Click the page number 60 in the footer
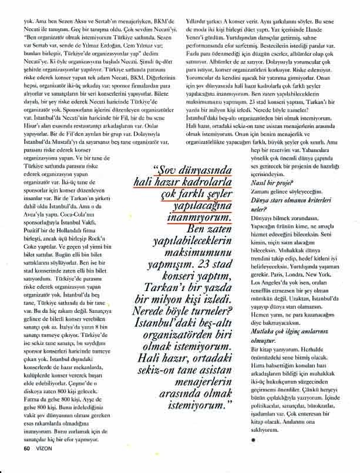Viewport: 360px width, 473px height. click(x=26, y=449)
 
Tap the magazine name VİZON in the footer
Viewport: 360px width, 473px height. click(x=44, y=449)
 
